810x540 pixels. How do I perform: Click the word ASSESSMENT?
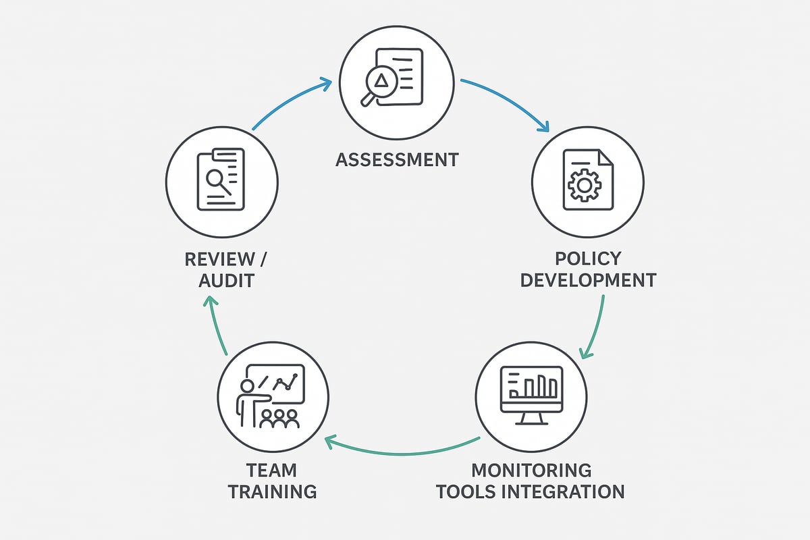coord(397,160)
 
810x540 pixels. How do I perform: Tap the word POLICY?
coord(587,259)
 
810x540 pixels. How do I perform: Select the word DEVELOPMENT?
coord(588,279)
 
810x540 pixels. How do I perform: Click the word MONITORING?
coord(531,470)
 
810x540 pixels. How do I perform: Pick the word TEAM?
coord(272,470)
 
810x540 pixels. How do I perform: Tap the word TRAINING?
coord(272,491)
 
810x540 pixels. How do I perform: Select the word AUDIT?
coord(226,279)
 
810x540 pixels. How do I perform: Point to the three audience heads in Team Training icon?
coord(279,418)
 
